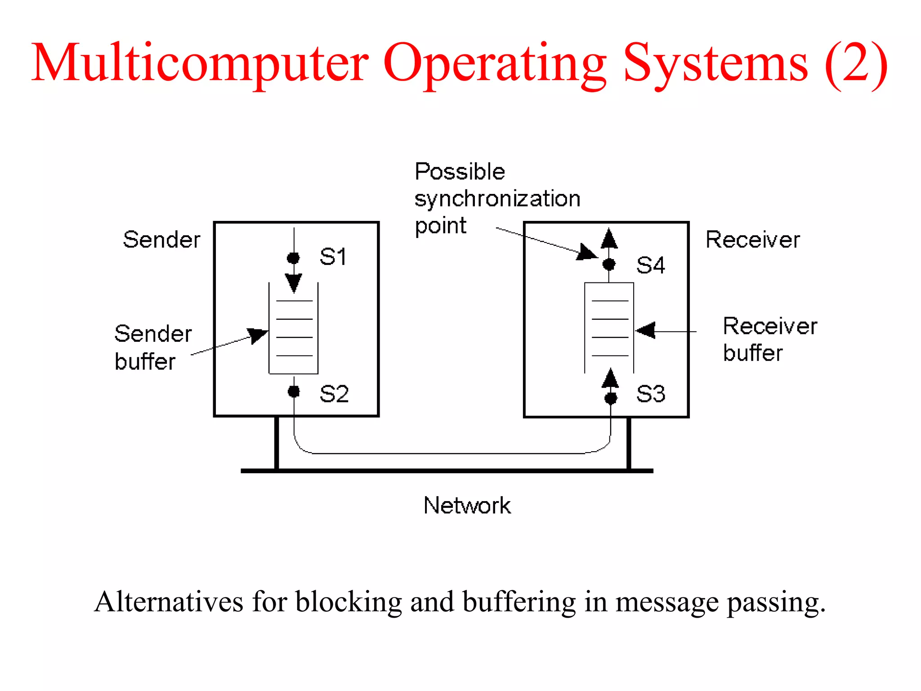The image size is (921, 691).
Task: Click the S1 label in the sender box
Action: coord(333,257)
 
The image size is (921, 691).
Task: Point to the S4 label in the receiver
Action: coord(650,265)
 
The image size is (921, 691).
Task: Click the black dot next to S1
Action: coord(293,258)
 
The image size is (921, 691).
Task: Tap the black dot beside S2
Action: coord(294,392)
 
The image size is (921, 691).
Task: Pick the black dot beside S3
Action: coord(611,398)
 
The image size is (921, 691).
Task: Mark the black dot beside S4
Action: coord(609,264)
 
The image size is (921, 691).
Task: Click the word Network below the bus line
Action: coord(467,505)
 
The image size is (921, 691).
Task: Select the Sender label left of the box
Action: coord(161,239)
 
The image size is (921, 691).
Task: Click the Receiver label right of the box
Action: coord(752,239)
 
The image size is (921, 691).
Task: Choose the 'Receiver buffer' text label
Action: coord(769,339)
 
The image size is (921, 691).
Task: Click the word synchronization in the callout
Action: coord(497,199)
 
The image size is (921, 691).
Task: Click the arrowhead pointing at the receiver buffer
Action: coord(646,331)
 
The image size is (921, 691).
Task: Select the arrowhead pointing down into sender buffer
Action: coord(294,283)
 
